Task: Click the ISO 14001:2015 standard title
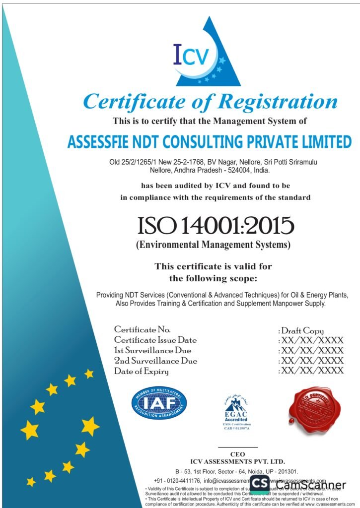click(216, 227)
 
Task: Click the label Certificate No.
click(143, 329)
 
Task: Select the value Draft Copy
click(302, 331)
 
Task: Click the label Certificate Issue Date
click(155, 340)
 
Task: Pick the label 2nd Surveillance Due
click(155, 361)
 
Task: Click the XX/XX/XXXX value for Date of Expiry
click(312, 371)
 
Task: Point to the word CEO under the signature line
click(237, 454)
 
